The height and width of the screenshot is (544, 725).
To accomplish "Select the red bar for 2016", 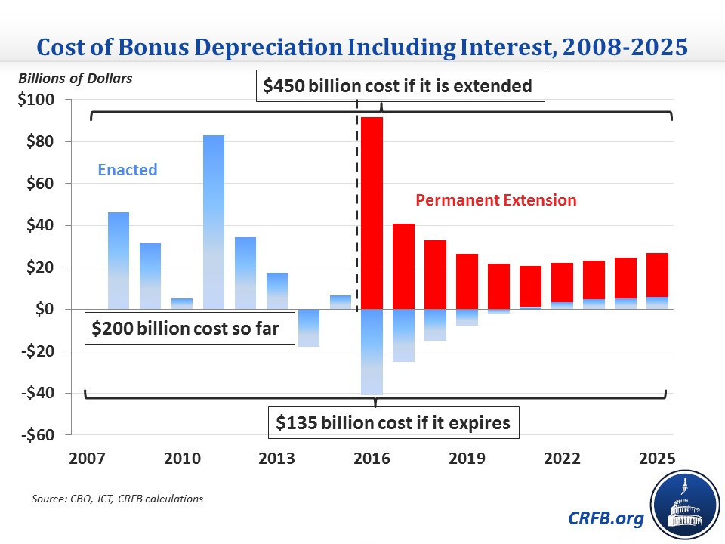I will pos(372,212).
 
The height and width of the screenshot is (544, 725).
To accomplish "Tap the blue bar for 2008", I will pos(119,260).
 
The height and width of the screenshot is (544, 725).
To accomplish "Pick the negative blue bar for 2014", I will pos(309,327).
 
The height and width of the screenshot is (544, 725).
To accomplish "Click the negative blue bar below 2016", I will pos(372,351).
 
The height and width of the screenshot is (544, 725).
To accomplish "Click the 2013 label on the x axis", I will pos(277,459).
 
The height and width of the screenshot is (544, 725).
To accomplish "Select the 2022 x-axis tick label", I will pos(563,459).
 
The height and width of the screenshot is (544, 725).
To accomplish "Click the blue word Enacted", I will pos(128,170).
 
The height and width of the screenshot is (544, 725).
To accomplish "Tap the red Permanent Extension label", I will pos(496,200).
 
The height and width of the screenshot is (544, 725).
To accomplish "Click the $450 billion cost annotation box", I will pos(398,86).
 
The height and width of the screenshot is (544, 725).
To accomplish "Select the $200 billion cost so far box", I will pos(189,329).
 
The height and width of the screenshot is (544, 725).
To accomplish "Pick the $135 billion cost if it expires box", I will pos(392,423).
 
